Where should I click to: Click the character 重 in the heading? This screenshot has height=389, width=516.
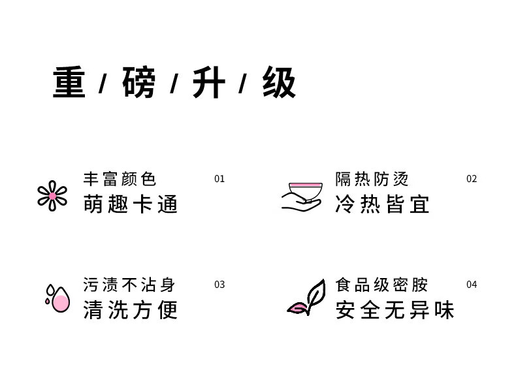(x=69, y=83)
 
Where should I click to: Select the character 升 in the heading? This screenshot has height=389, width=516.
(x=209, y=83)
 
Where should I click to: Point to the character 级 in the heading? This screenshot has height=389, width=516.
(x=280, y=83)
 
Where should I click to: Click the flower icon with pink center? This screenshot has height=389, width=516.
(x=52, y=196)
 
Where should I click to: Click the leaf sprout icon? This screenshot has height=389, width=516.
(x=308, y=298)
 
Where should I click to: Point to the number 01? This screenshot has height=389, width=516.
(x=219, y=179)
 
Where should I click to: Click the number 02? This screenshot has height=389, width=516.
(x=472, y=179)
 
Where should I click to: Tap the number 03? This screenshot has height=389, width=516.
(x=219, y=285)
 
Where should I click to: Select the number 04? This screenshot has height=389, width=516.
(x=472, y=285)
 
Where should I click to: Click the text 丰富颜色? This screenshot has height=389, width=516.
(x=120, y=179)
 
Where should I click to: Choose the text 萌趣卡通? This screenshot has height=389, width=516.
(x=131, y=204)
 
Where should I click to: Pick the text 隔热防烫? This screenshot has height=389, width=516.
(x=372, y=179)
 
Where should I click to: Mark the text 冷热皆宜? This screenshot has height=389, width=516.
(x=383, y=204)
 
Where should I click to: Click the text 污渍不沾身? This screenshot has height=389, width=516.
(x=129, y=285)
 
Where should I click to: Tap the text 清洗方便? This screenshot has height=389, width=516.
(x=131, y=310)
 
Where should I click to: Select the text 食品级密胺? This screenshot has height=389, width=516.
(x=381, y=285)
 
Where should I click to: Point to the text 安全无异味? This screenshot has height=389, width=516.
(x=395, y=310)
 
